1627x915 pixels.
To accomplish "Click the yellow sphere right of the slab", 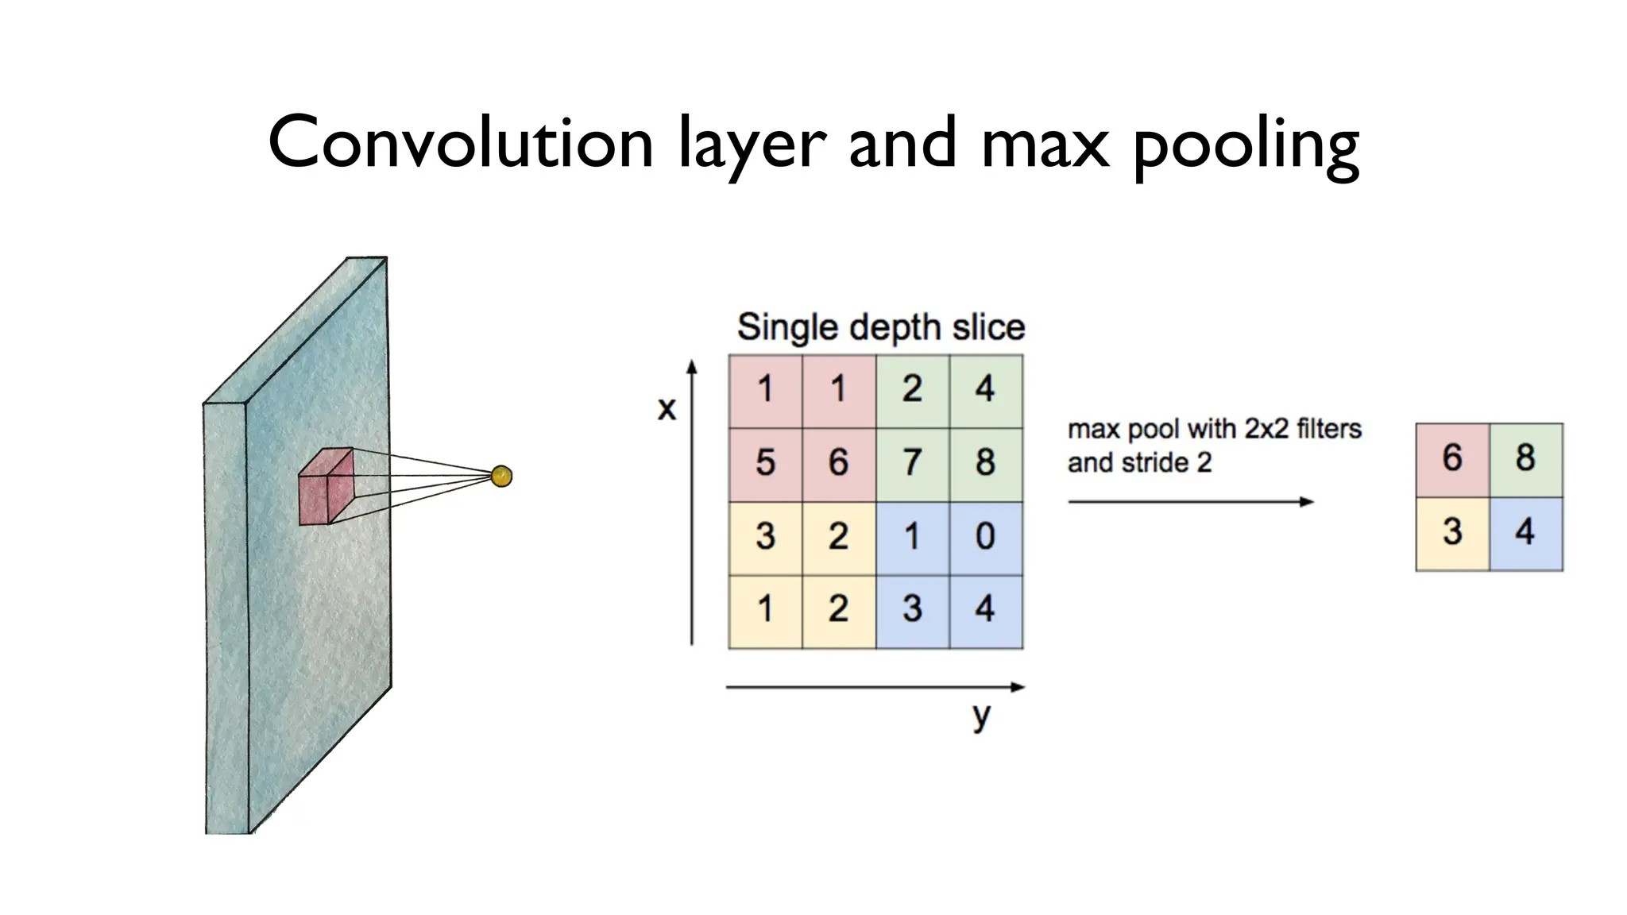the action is (x=501, y=477).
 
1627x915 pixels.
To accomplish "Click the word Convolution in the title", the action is (x=460, y=143).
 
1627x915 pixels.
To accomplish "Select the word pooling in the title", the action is (x=1246, y=145).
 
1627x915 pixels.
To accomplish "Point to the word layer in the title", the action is (x=752, y=145).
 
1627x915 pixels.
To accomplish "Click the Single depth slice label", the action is (x=880, y=327).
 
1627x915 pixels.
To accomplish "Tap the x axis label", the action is (x=667, y=408).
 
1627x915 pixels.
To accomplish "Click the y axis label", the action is (x=982, y=715).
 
